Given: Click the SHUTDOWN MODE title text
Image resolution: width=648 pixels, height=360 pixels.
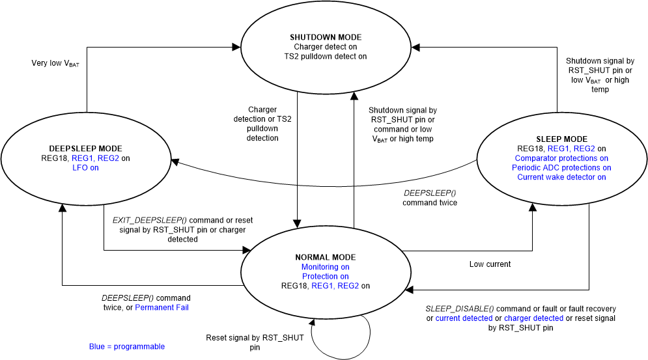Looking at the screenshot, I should tap(325, 37).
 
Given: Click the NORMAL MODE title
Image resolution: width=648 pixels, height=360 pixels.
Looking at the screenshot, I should tap(325, 258).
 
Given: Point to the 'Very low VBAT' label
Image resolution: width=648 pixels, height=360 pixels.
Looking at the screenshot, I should tap(55, 64).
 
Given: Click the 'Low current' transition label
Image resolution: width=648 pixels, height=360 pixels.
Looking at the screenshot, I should tap(490, 264).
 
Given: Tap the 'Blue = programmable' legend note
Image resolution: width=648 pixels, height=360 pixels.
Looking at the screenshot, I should tap(127, 346).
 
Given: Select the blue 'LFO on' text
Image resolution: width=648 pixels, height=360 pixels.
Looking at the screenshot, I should tap(85, 168).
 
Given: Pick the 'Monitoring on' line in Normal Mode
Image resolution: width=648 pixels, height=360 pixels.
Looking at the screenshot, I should tap(325, 267).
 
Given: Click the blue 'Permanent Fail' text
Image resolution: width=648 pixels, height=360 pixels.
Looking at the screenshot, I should tap(162, 307).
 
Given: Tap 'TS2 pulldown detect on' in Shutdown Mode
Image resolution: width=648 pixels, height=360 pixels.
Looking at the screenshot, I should tap(325, 57).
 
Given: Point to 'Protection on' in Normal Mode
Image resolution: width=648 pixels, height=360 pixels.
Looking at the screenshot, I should tap(325, 276).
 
